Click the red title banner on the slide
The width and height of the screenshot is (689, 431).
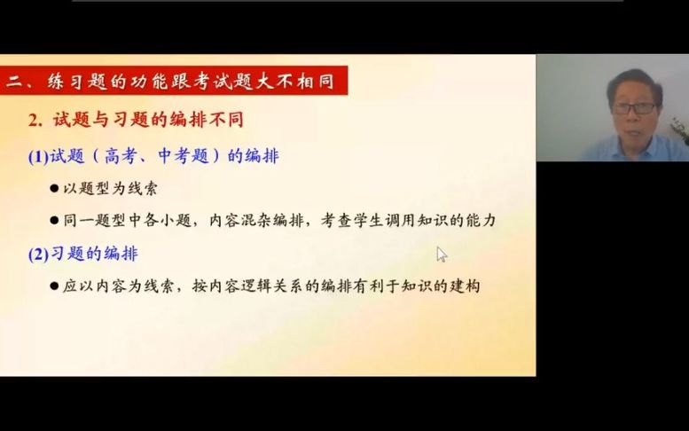[173, 82]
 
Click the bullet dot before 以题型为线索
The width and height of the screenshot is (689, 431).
[55, 189]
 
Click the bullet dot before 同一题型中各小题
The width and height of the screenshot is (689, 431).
[55, 222]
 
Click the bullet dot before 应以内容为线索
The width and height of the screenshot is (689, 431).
[55, 287]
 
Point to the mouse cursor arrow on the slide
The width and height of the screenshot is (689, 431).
[441, 254]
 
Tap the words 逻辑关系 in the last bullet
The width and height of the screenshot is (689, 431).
[265, 286]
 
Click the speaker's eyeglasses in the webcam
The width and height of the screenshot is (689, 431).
[633, 107]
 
